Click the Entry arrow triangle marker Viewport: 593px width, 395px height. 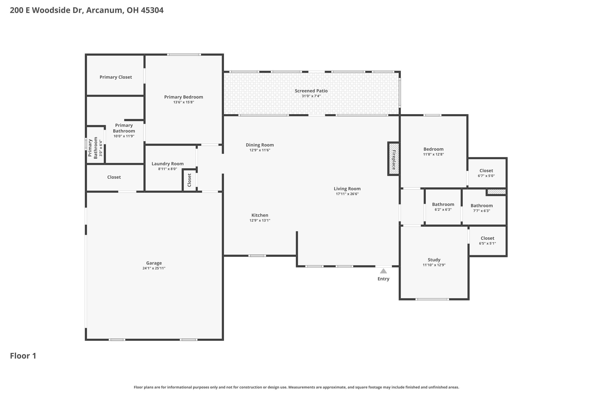coord(383,271)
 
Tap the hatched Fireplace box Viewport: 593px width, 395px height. coord(394,159)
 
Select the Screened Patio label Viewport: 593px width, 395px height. coord(311,91)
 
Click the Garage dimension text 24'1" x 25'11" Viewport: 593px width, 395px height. coord(154,268)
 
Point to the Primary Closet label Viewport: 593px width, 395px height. coord(115,77)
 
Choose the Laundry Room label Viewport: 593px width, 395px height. coord(167,164)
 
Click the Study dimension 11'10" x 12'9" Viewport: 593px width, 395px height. coord(434,265)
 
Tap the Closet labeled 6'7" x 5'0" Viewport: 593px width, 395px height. coord(486,173)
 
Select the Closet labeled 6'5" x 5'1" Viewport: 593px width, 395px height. coord(487,241)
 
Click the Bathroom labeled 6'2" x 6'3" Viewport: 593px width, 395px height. coord(443,207)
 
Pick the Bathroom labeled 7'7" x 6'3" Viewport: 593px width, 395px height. coord(482,208)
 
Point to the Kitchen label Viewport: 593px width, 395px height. coord(260,215)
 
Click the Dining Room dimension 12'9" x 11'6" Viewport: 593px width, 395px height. coord(260,150)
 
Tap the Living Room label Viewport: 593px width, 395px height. coord(347,189)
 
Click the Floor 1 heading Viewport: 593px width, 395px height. coord(23,356)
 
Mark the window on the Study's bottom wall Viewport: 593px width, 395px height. coord(432,299)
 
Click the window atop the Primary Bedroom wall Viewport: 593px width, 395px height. coord(184,55)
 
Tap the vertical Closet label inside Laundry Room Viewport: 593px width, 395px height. coord(189,180)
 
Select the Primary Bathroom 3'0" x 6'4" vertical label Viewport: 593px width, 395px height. coord(95,148)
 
